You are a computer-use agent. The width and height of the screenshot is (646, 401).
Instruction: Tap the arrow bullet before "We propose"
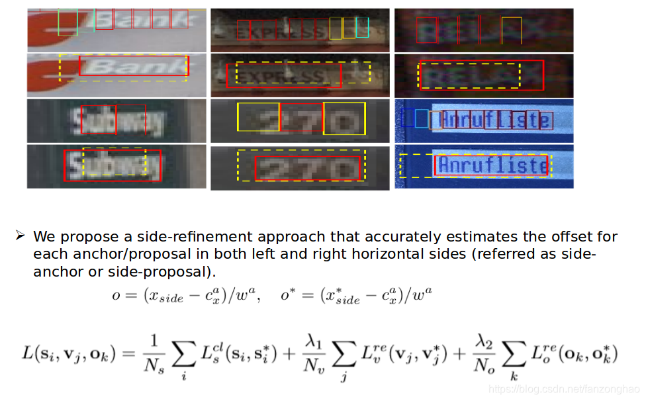click(20, 236)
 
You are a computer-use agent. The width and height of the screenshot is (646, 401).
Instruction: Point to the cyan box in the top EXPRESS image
click(362, 27)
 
